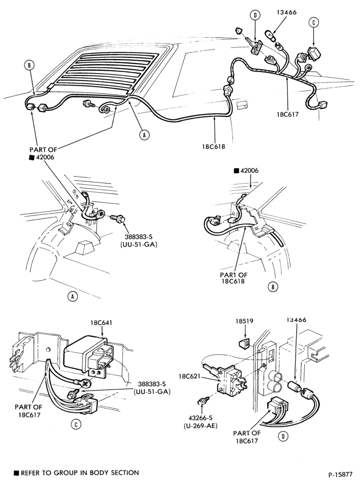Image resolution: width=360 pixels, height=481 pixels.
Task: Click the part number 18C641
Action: (102, 323)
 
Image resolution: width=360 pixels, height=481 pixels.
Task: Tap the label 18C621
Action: (190, 376)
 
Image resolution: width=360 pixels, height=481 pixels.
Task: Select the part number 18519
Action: (244, 321)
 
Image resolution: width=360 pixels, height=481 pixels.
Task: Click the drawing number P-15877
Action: (340, 475)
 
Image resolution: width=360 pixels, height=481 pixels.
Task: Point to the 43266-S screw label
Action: (201, 419)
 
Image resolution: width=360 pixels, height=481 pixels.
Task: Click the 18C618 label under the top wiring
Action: (213, 147)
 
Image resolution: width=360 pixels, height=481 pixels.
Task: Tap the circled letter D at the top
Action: (255, 15)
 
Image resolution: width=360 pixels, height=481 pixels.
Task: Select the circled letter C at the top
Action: (313, 22)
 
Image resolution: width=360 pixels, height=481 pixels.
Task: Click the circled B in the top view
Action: (29, 65)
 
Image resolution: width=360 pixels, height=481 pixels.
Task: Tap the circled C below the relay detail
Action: (76, 424)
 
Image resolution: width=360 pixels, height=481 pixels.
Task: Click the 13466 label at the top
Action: (286, 13)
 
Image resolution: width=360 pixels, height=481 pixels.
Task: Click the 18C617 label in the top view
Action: (287, 114)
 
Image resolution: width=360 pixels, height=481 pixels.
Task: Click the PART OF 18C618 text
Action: (233, 278)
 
